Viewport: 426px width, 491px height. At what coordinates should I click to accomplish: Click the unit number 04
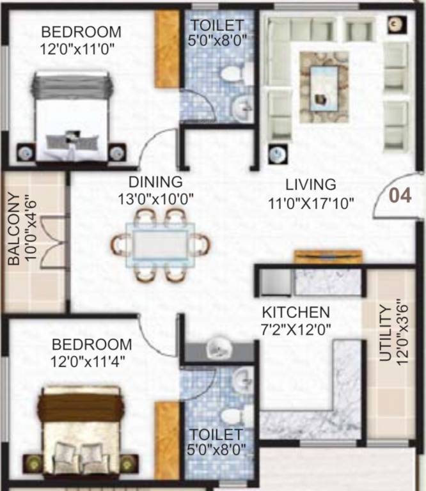tap(400, 195)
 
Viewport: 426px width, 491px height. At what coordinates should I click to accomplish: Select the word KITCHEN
tap(296, 313)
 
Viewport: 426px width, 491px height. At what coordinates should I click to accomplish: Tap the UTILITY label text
tap(384, 333)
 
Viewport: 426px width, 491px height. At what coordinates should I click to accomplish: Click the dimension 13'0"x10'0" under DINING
tap(155, 199)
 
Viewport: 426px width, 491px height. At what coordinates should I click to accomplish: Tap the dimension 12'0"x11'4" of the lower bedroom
tap(88, 361)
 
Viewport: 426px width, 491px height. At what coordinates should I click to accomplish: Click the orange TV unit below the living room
tap(327, 256)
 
